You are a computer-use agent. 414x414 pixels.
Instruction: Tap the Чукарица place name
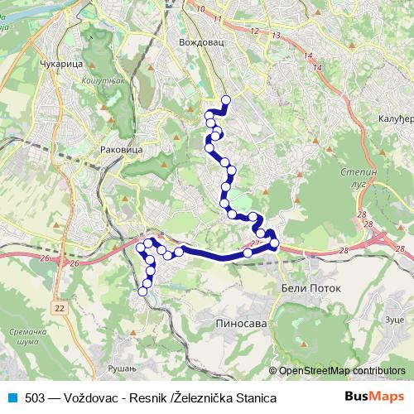pyautogui.click(x=58, y=63)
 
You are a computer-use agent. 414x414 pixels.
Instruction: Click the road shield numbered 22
pyautogui.click(x=59, y=307)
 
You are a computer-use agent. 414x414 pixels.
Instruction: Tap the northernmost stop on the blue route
pyautogui.click(x=225, y=100)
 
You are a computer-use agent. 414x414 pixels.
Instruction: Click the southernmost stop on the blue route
pyautogui.click(x=142, y=291)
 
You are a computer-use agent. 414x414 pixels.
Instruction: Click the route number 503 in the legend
pyautogui.click(x=36, y=397)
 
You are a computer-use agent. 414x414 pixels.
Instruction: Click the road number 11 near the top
pyautogui.click(x=219, y=17)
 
